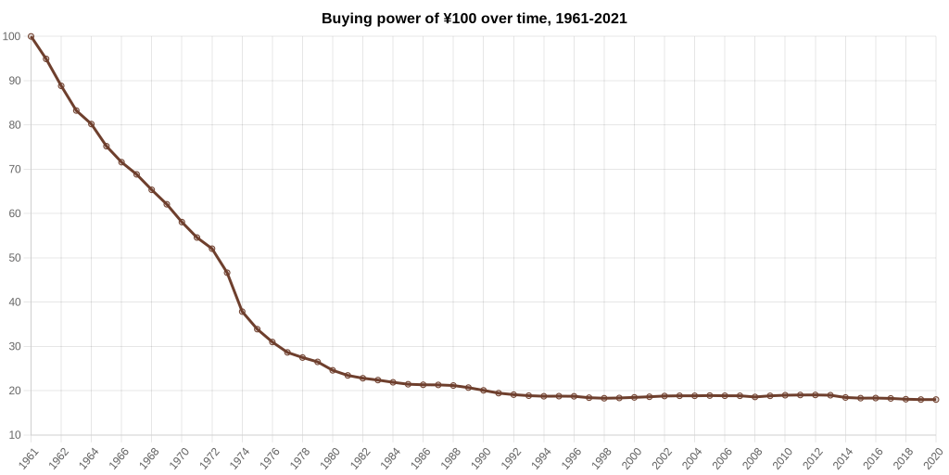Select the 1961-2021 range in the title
[588, 19]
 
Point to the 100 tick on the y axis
[11, 36]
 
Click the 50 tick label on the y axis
[14, 258]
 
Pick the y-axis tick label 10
[14, 435]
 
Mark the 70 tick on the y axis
[14, 169]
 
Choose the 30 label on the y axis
[14, 346]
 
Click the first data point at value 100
[31, 36]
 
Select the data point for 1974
[242, 312]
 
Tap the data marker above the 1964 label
[91, 123]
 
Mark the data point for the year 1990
[484, 390]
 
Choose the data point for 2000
[634, 397]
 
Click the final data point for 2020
[936, 400]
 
